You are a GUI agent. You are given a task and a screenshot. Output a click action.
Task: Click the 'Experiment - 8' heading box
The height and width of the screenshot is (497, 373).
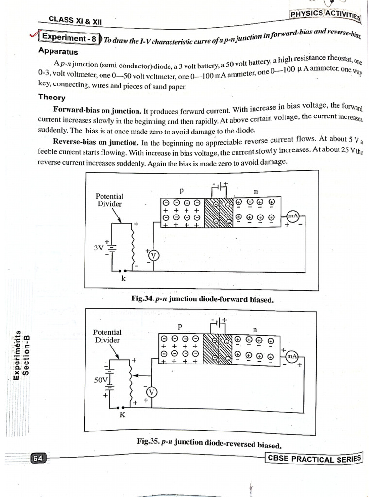click(x=70, y=38)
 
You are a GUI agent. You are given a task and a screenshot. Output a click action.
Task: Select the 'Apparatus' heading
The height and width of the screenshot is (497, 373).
click(x=58, y=51)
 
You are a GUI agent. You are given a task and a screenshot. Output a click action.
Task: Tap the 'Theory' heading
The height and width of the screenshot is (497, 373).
click(x=52, y=97)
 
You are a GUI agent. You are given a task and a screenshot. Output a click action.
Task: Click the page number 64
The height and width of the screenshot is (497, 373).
click(x=38, y=458)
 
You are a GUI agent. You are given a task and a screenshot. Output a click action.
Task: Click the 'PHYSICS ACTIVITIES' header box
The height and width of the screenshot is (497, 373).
click(x=325, y=15)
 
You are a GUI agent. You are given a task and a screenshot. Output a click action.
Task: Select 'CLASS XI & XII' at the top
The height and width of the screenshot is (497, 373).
click(x=75, y=20)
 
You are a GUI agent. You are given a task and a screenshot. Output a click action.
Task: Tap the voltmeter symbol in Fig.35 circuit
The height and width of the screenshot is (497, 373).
click(x=152, y=392)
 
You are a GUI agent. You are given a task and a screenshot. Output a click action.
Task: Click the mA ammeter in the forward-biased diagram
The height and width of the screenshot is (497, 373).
click(x=293, y=215)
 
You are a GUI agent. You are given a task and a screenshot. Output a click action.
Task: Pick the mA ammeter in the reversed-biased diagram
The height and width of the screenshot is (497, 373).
click(x=291, y=357)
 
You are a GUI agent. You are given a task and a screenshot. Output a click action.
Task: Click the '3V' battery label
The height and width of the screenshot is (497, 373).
click(x=100, y=248)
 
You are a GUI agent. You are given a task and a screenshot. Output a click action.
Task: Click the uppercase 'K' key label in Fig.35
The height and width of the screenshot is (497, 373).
click(x=122, y=415)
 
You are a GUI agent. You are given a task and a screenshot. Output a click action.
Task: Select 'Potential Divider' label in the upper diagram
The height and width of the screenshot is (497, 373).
click(x=110, y=200)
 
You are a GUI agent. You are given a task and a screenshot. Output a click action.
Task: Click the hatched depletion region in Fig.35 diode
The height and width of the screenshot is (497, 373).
click(x=218, y=348)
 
